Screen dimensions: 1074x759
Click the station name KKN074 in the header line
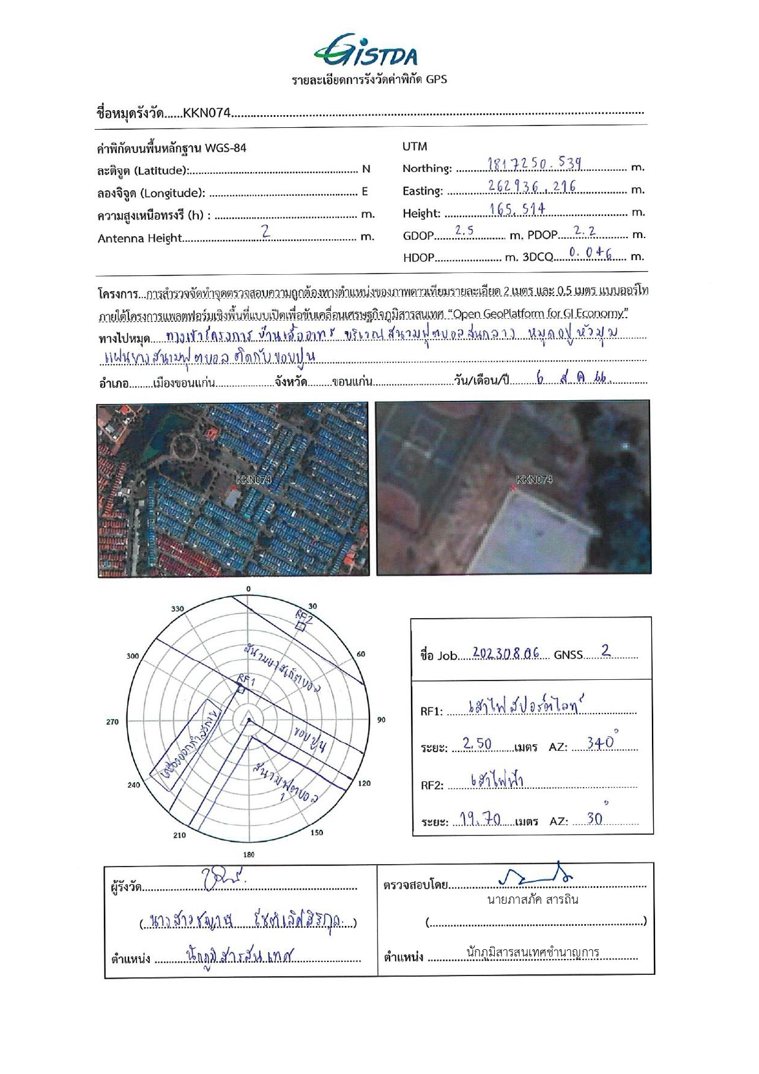(x=206, y=113)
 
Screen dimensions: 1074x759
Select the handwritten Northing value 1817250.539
(x=535, y=163)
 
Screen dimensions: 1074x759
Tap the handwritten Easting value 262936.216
(x=532, y=186)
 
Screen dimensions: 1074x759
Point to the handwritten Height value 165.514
(x=517, y=209)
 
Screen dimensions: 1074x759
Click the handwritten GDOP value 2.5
(x=464, y=231)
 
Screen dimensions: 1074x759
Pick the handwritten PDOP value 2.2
(x=585, y=231)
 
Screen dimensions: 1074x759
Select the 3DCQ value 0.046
(x=590, y=252)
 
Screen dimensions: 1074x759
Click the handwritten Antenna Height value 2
(x=265, y=232)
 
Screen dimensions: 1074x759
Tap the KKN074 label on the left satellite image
(x=253, y=480)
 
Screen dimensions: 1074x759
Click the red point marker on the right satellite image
(x=514, y=487)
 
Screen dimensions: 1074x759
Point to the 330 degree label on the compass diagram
(x=177, y=608)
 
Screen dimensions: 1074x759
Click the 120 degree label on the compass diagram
(x=364, y=783)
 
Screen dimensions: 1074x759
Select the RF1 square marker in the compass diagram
(x=241, y=690)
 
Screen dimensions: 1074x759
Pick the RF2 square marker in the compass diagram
(x=300, y=626)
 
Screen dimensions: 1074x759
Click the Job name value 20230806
(x=506, y=653)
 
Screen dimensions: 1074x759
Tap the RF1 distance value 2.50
(x=477, y=744)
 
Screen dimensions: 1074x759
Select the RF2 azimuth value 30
(x=594, y=819)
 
